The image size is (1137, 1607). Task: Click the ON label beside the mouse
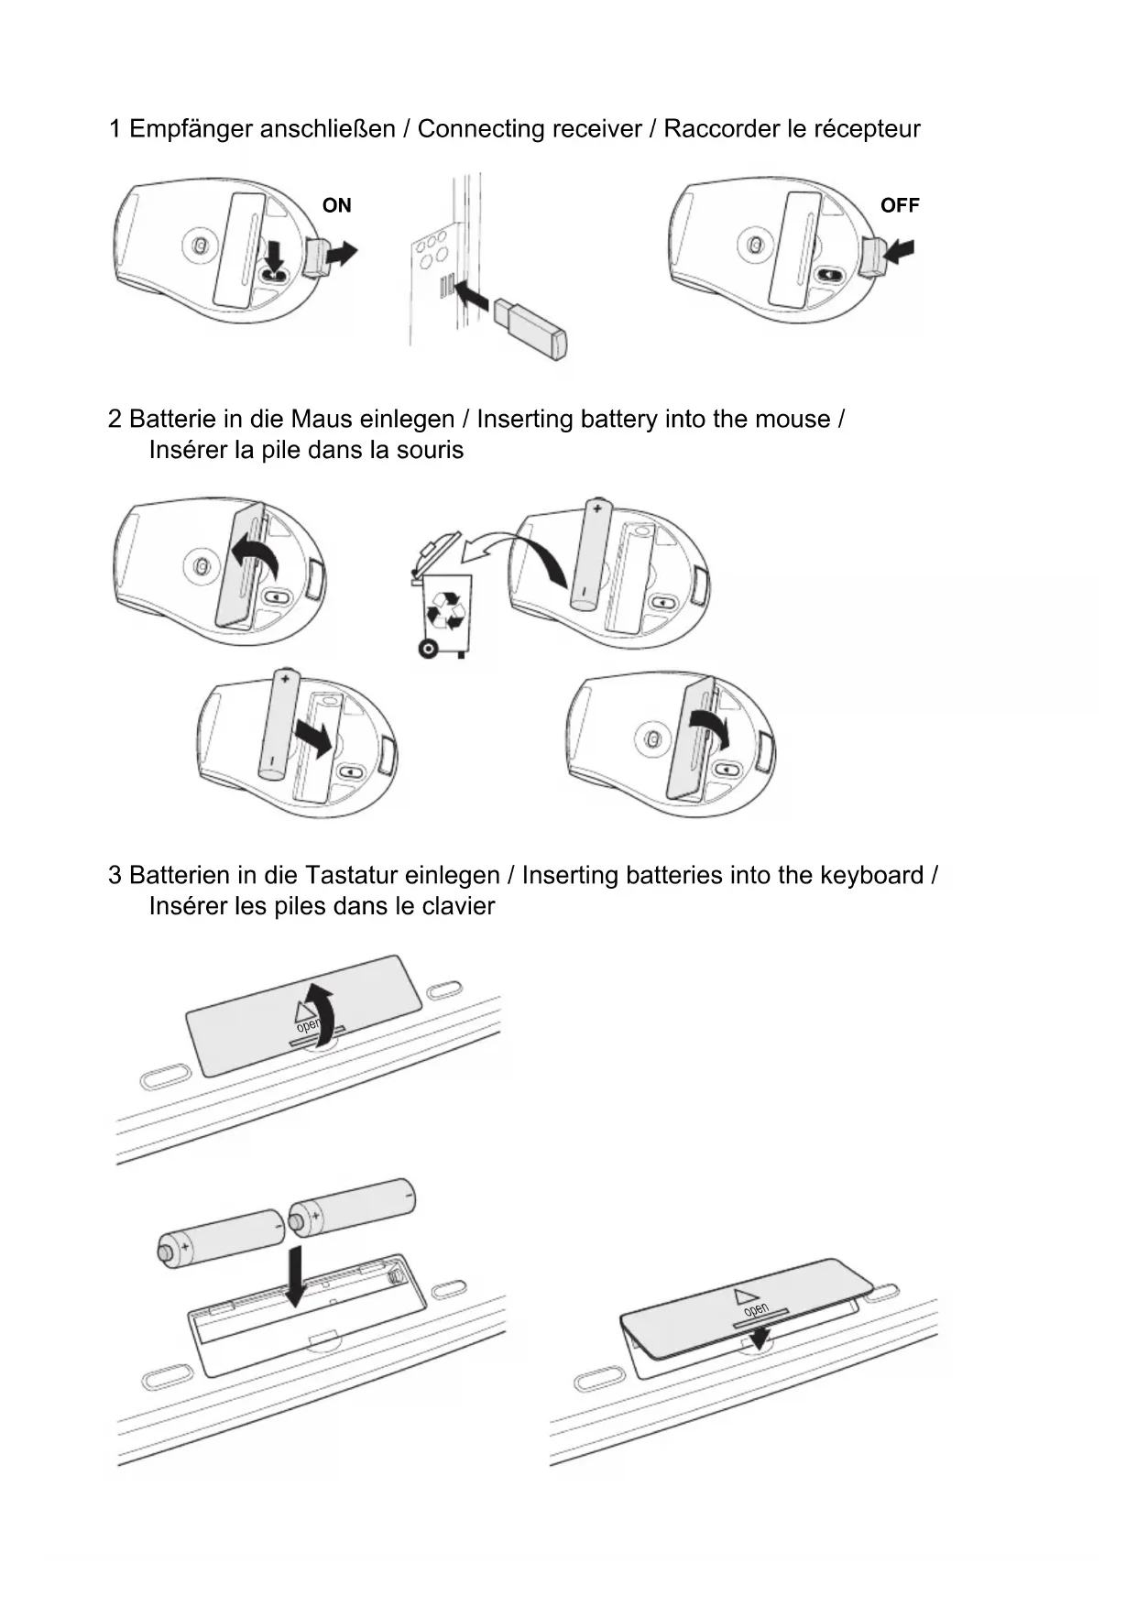336,205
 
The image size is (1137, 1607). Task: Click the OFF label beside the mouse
899,205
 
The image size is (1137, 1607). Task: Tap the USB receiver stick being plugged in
531,327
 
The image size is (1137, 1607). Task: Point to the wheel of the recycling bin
427,649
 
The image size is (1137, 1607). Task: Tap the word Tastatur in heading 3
350,875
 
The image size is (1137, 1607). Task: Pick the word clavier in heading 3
458,906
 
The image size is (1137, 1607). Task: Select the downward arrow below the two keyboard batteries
296,1274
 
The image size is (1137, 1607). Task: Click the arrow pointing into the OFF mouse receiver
902,250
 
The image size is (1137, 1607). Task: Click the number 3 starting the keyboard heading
115,875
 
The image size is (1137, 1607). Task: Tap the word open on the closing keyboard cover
756,1310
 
